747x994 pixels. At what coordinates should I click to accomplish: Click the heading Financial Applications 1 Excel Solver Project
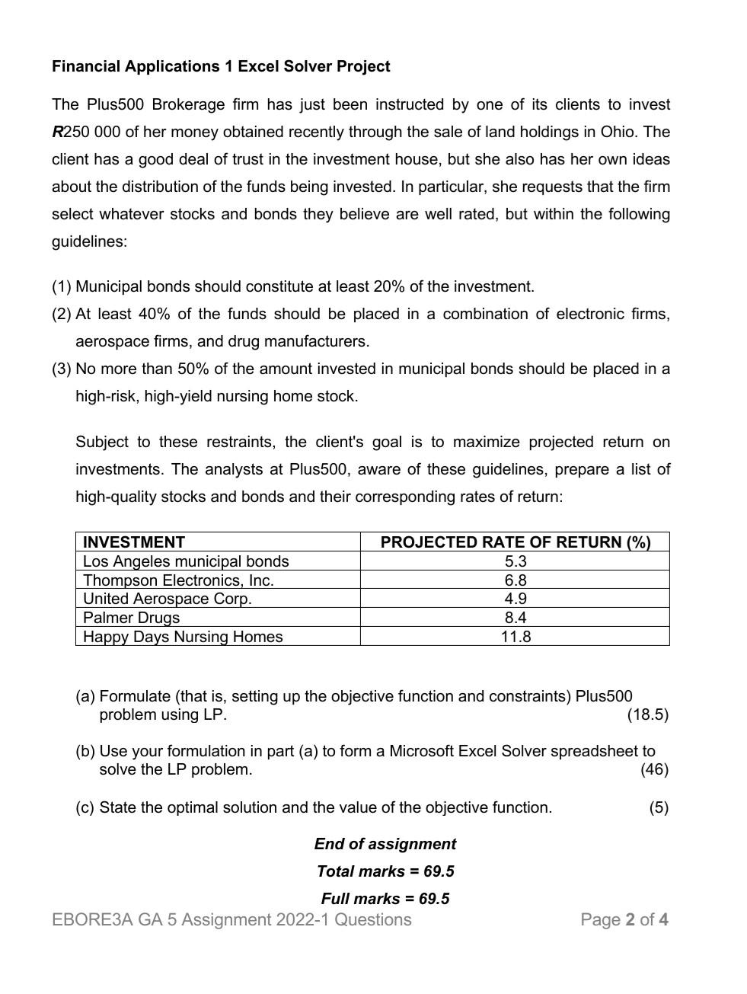click(x=221, y=66)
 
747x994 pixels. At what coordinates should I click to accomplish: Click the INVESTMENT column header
click(x=134, y=542)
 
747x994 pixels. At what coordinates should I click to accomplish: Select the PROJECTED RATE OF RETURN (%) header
click(x=516, y=542)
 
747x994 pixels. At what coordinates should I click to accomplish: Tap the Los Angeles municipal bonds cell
click(x=186, y=561)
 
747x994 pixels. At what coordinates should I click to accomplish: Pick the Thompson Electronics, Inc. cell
click(x=178, y=580)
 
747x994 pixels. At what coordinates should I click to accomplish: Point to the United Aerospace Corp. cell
click(x=167, y=599)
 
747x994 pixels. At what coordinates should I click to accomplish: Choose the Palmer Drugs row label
click(x=131, y=618)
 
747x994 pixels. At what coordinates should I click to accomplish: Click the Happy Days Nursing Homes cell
click(x=183, y=637)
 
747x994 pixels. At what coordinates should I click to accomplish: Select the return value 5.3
click(x=516, y=561)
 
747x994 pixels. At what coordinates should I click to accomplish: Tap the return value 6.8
click(x=516, y=580)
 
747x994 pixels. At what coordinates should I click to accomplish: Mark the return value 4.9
click(x=516, y=599)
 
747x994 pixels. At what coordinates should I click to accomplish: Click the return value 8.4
click(x=516, y=618)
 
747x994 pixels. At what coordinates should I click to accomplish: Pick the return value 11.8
click(x=516, y=637)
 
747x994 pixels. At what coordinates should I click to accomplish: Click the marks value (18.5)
click(x=647, y=714)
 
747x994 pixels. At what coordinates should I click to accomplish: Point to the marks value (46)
click(x=654, y=769)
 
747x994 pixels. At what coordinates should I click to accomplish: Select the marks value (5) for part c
click(x=659, y=807)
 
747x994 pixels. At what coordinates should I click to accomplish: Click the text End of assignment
click(x=385, y=844)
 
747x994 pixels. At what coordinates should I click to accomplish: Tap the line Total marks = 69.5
click(x=385, y=871)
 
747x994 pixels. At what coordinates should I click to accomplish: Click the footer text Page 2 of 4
click(x=624, y=920)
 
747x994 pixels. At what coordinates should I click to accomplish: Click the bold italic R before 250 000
click(x=57, y=133)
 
